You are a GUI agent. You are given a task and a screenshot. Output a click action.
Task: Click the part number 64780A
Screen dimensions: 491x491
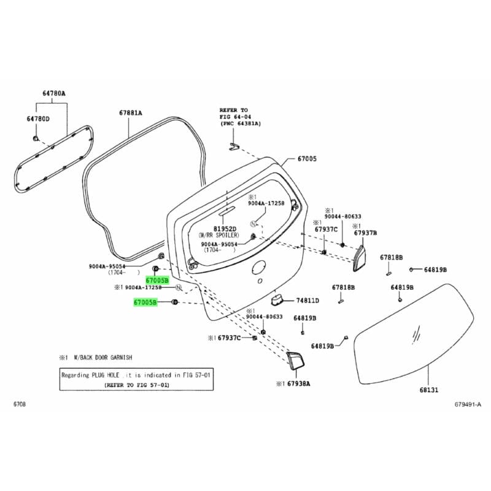point(54,93)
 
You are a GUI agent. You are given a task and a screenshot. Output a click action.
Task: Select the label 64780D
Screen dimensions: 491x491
point(37,118)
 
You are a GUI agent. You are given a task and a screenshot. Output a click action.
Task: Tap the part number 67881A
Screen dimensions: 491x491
point(130,113)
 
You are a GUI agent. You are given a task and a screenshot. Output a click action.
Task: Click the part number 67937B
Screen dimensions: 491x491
point(365,233)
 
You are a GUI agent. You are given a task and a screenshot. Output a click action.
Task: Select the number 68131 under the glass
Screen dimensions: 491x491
point(430,389)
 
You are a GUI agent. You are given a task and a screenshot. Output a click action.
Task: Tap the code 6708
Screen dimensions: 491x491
point(20,404)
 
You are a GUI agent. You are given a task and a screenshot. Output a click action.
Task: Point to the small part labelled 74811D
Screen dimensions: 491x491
point(278,299)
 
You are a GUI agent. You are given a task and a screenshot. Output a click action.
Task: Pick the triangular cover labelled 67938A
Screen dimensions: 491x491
point(295,360)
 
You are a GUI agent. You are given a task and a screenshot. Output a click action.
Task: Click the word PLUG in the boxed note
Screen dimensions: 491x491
point(101,375)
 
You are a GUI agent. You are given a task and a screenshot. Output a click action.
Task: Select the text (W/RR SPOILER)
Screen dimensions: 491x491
point(218,235)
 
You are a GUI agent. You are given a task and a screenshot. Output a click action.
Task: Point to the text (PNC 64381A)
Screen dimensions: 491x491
point(240,123)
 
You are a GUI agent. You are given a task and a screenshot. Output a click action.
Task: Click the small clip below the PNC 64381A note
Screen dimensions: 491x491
point(234,146)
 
